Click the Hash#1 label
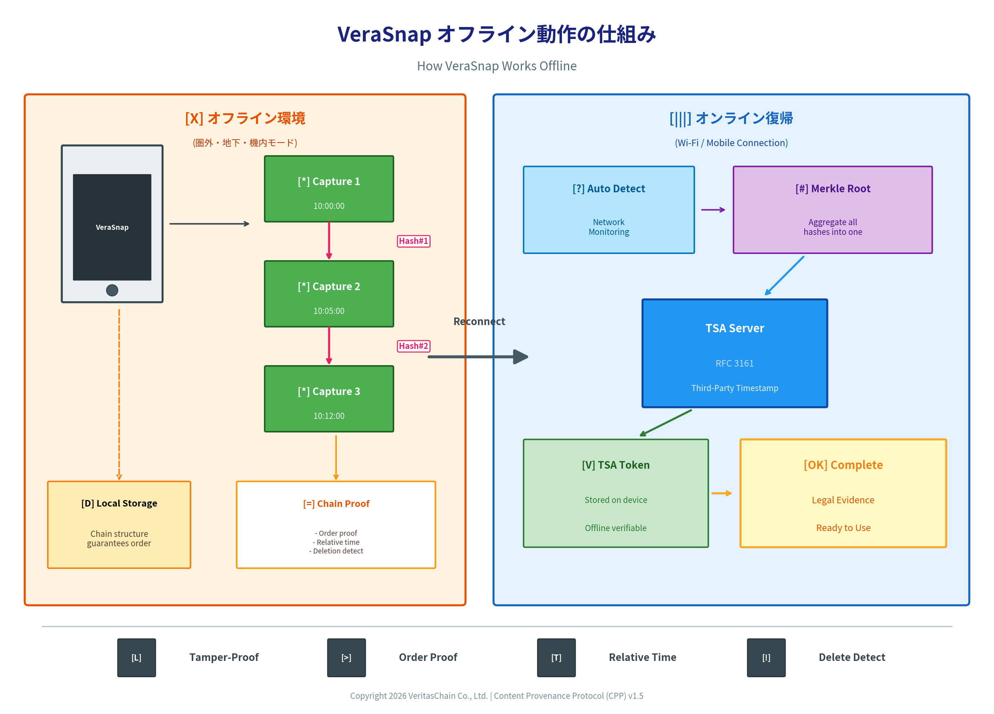(x=413, y=241)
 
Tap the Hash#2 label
(x=413, y=346)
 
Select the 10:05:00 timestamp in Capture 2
(x=329, y=311)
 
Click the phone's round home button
(x=112, y=290)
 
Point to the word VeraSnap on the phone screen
(x=112, y=227)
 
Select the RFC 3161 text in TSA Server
(x=735, y=363)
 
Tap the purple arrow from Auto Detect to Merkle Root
(x=713, y=210)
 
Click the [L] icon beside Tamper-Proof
(x=136, y=657)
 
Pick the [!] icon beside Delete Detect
(x=766, y=657)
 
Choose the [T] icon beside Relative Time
(x=556, y=657)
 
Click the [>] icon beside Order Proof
(x=346, y=657)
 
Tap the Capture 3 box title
(x=329, y=391)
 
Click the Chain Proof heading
(x=336, y=504)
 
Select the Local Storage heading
(x=119, y=503)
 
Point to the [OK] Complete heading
(x=843, y=465)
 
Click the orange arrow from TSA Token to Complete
(x=721, y=494)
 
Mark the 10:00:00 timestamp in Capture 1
(x=329, y=206)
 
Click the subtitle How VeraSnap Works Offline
(x=497, y=66)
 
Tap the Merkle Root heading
(x=833, y=188)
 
